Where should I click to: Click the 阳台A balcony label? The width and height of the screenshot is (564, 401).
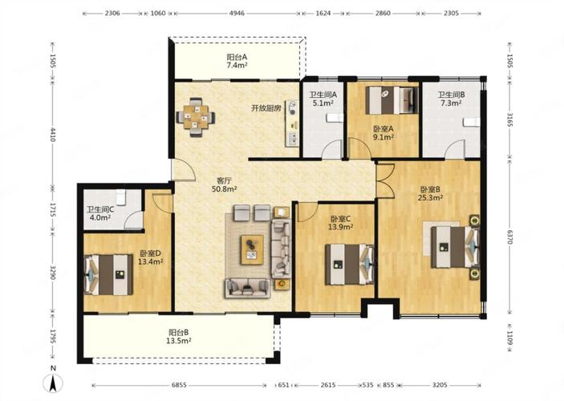click(237, 57)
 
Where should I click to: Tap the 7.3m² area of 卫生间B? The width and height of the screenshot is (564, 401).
click(451, 103)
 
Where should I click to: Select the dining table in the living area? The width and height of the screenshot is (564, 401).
click(196, 117)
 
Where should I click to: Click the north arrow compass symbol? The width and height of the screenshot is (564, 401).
click(53, 383)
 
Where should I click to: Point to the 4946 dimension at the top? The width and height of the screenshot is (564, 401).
click(237, 14)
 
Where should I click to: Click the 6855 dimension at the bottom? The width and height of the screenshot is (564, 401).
click(179, 385)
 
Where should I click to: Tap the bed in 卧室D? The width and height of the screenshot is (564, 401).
click(108, 275)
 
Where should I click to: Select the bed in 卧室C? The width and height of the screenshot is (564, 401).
click(350, 265)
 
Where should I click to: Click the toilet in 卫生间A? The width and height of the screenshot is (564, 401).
click(335, 118)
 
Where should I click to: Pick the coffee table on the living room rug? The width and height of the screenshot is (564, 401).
click(252, 249)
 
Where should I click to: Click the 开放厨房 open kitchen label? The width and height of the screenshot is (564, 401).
click(266, 108)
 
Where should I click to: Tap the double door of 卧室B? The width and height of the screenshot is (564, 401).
click(385, 181)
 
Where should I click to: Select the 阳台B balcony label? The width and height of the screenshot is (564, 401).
click(178, 332)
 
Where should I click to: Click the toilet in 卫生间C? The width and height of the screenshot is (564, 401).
click(121, 197)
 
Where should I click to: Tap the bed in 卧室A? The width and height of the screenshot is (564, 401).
click(392, 100)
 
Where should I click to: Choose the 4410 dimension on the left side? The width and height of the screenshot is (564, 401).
click(52, 135)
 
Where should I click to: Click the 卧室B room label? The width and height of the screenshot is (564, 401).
click(430, 189)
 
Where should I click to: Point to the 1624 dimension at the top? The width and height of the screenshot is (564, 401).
click(323, 14)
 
